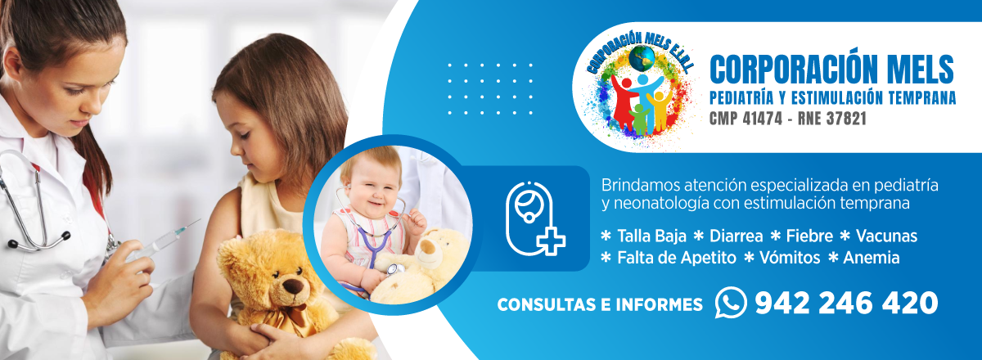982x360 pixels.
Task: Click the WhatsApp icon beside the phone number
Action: [731, 302]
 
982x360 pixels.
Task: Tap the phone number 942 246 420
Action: [846, 303]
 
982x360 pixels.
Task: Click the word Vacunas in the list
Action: [886, 236]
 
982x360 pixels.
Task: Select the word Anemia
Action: [871, 258]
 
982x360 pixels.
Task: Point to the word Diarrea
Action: [736, 236]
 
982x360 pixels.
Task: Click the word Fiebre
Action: [809, 236]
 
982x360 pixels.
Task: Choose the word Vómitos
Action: [790, 258]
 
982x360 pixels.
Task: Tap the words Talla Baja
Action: [651, 236]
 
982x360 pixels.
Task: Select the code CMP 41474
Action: [746, 119]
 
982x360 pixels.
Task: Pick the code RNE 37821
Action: [832, 119]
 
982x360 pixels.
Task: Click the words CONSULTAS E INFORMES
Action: [600, 304]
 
